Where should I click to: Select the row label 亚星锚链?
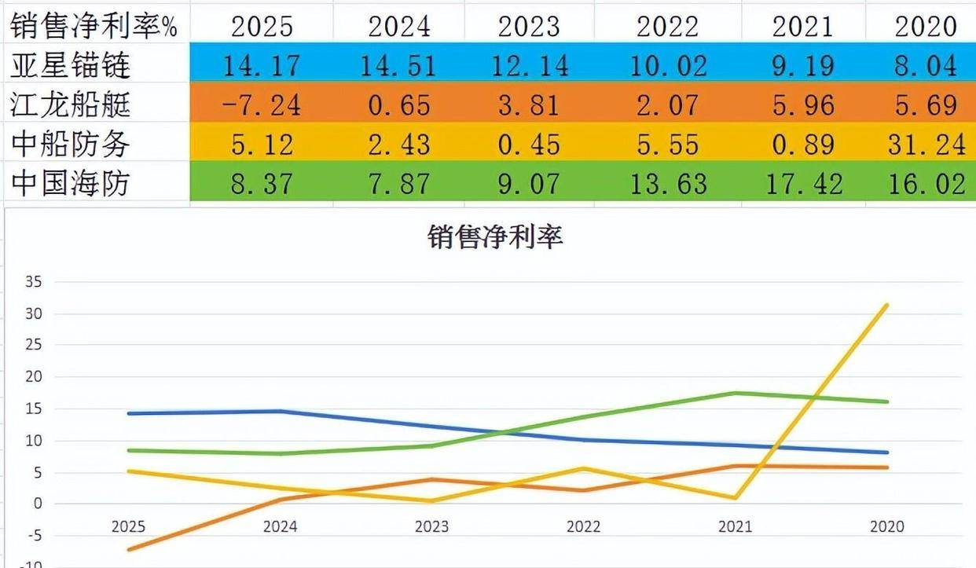(70, 65)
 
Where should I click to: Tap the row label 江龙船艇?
(70, 104)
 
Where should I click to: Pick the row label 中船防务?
(70, 144)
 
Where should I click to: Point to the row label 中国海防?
(70, 184)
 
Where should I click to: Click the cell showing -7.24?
(262, 104)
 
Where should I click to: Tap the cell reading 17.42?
(802, 184)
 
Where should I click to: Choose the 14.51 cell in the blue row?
(398, 65)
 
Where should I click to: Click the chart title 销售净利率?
(495, 236)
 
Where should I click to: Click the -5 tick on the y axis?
(35, 535)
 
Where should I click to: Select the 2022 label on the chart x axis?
(584, 526)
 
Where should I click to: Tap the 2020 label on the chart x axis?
(887, 526)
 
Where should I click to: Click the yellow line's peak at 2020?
(887, 305)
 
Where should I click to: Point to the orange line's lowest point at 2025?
(129, 549)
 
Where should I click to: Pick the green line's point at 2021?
(736, 393)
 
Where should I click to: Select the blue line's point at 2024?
(281, 411)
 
